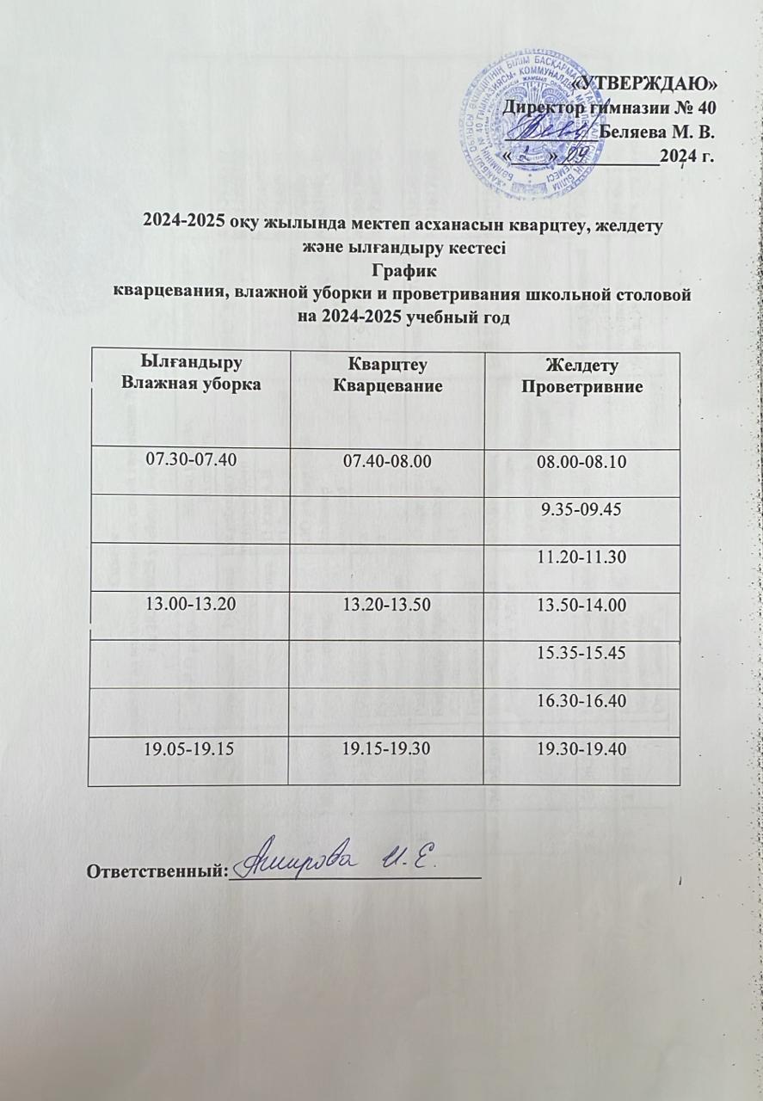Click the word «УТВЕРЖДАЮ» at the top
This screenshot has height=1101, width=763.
(643, 83)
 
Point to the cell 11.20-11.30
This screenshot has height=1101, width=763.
(582, 559)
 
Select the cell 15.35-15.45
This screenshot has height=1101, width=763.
(582, 654)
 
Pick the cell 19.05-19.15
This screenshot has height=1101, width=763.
(189, 750)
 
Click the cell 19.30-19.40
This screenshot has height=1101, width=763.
(582, 750)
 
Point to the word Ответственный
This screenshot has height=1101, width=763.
(156, 871)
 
